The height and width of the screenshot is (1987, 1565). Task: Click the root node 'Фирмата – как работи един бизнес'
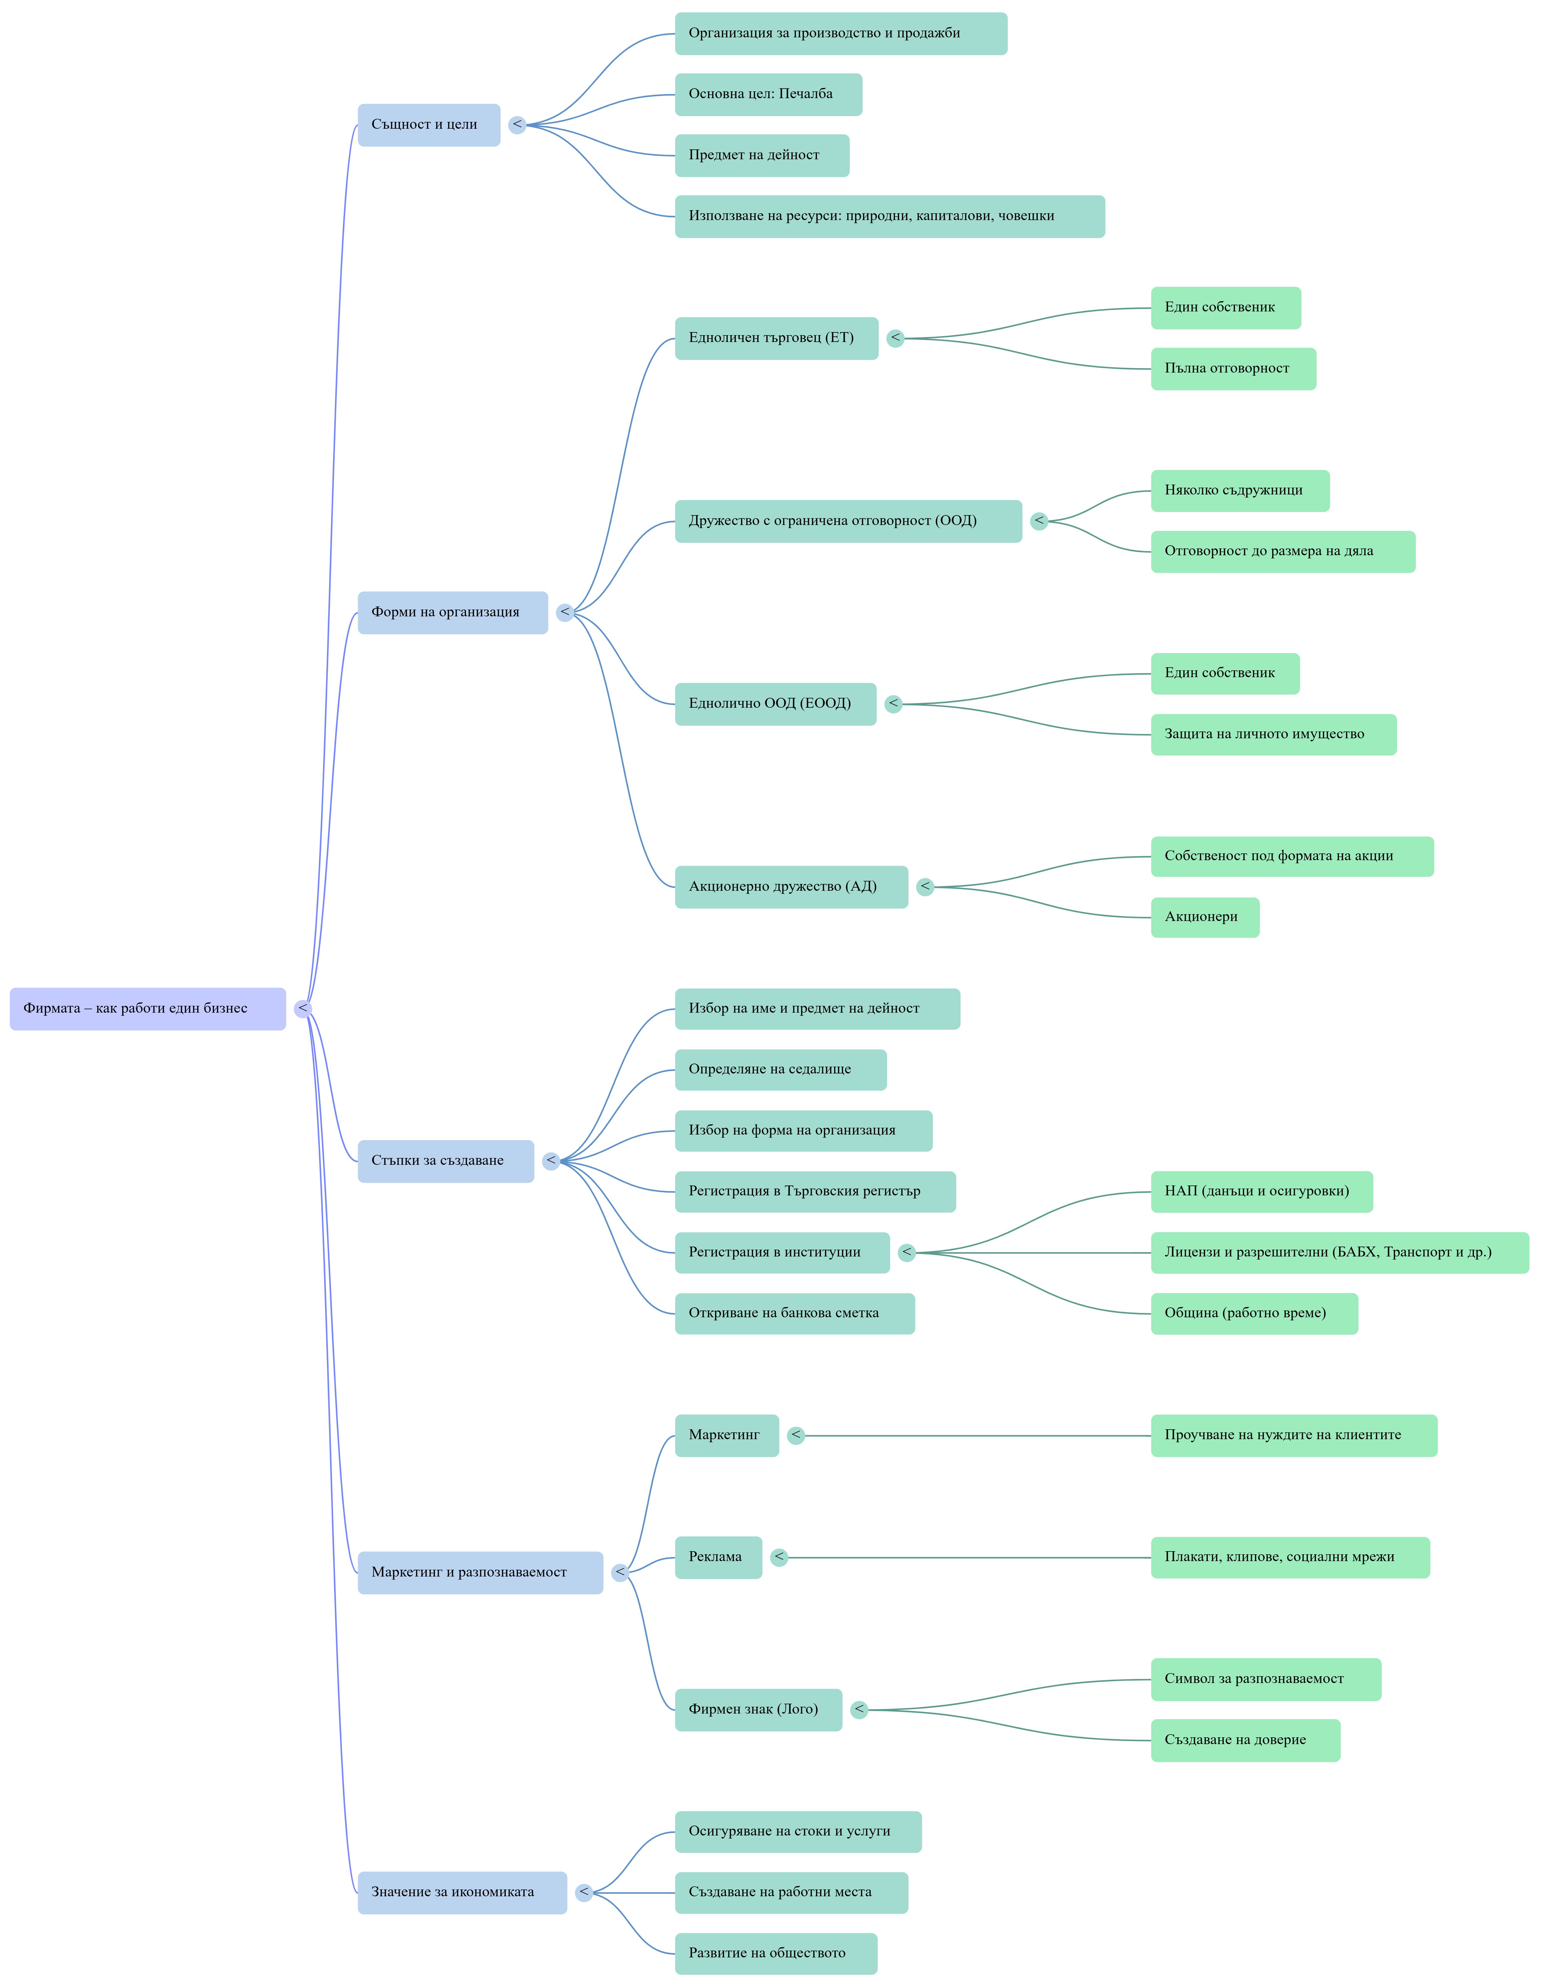(148, 1009)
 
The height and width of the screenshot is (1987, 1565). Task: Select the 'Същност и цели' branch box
(429, 125)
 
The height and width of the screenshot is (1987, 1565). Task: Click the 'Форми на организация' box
(453, 612)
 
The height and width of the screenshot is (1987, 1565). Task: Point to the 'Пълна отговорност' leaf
(1233, 368)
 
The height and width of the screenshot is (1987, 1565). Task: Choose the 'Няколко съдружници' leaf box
(1240, 490)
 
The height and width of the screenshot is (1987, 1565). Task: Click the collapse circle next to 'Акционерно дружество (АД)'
(925, 887)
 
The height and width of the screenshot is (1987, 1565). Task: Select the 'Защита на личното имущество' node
(1274, 734)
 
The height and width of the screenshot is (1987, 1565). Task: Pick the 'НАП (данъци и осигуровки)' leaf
(1262, 1191)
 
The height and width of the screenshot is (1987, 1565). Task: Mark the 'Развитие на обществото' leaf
(776, 1953)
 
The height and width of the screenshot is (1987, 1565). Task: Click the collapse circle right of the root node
(303, 1009)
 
